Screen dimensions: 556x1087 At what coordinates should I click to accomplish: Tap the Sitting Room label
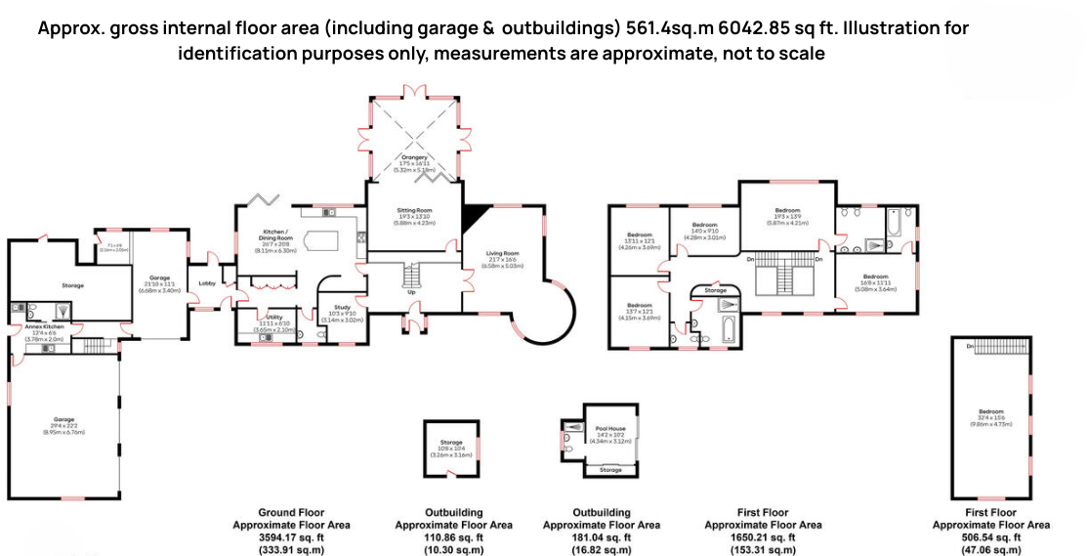pos(414,211)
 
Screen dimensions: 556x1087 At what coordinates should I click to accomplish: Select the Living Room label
pos(502,254)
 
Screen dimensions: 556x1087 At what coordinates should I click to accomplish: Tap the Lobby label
pos(207,283)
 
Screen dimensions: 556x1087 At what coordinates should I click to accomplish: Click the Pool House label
pos(610,428)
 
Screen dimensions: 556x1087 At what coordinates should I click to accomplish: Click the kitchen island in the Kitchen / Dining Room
pos(322,241)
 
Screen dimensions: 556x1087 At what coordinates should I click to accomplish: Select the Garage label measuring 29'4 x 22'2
pos(63,419)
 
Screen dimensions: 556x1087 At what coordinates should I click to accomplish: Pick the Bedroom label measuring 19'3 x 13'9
pos(787,211)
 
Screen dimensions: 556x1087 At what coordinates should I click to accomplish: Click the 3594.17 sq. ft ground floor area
pos(291,537)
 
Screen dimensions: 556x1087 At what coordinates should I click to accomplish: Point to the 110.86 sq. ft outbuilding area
pos(454,537)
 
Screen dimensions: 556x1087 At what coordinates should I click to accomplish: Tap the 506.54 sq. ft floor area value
pos(991,537)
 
